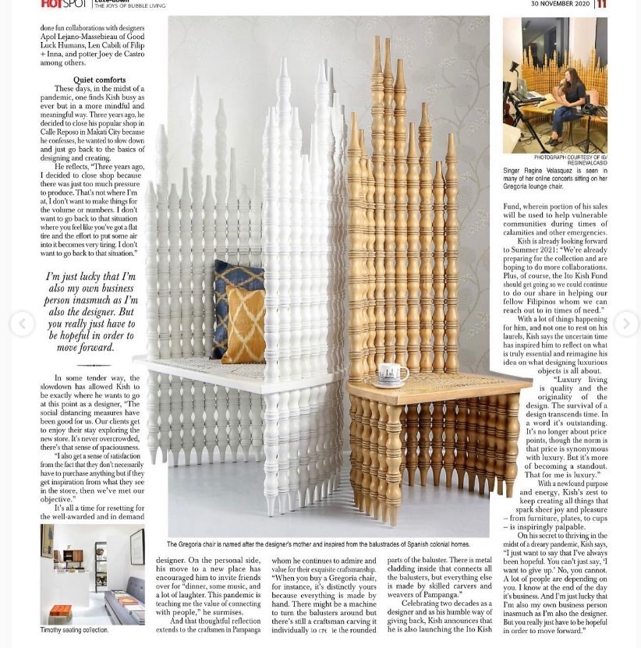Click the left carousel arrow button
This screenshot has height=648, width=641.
[22, 323]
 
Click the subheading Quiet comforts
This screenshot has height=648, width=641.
[99, 80]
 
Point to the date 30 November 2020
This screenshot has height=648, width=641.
[560, 4]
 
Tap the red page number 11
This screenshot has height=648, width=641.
[601, 4]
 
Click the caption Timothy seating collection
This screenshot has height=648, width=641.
[75, 630]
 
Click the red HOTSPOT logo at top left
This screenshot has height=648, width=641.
[62, 4]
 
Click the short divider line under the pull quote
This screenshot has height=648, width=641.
[94, 364]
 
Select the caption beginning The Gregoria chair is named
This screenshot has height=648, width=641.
[318, 544]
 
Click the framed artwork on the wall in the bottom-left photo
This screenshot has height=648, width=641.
[137, 546]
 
